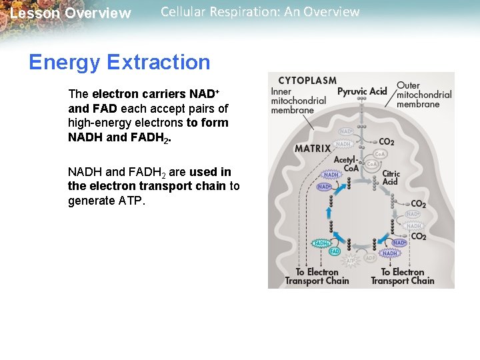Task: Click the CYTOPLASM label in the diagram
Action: coord(307,81)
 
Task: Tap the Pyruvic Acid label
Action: coord(362,91)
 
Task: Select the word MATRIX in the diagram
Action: coord(313,149)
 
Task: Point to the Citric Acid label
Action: coord(391,177)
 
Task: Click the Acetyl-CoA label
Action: coord(346,165)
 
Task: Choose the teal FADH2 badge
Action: coord(323,244)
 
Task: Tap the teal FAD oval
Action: coord(335,251)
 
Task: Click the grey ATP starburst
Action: coord(351,260)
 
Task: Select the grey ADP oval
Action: coord(371,258)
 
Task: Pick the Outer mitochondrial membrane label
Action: coord(424,95)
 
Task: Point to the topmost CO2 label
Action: coord(386,141)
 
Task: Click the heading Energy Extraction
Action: coord(119,63)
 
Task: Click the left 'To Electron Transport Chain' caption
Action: coord(317,276)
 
